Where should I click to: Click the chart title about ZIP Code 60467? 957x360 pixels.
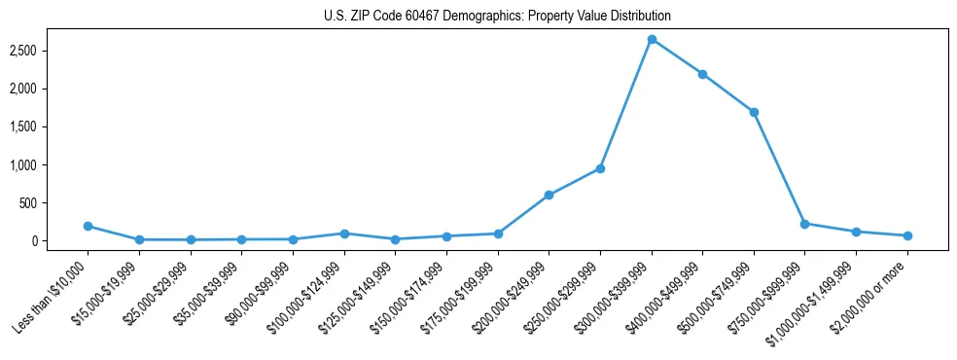coord(497,17)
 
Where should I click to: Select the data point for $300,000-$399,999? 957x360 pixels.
coord(652,39)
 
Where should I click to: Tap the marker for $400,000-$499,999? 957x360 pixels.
coord(702,74)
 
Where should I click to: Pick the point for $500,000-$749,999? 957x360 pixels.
coord(754,112)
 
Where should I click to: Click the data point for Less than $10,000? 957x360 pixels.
coord(89,226)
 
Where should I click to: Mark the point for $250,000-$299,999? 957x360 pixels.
coord(600,168)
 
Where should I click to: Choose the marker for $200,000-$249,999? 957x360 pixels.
coord(549,196)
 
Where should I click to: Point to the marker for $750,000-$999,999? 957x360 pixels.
coord(804,224)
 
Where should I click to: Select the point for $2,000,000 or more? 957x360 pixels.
coord(907,235)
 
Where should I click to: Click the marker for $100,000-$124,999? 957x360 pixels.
coord(344,234)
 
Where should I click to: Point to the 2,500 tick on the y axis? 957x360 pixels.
coord(49,51)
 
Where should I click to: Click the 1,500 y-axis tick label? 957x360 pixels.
coord(49,126)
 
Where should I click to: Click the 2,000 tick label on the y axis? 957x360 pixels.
coord(49,89)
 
